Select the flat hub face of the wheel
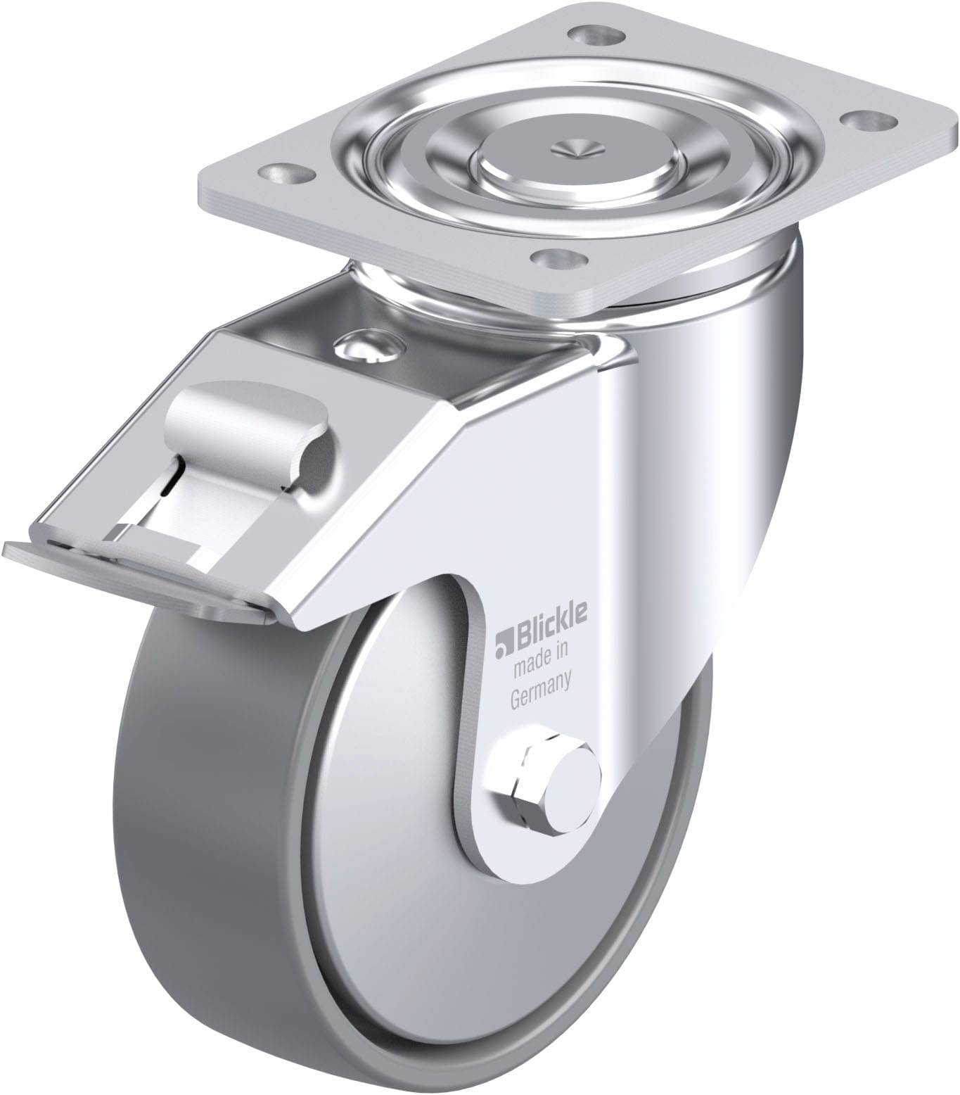[422, 880]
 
